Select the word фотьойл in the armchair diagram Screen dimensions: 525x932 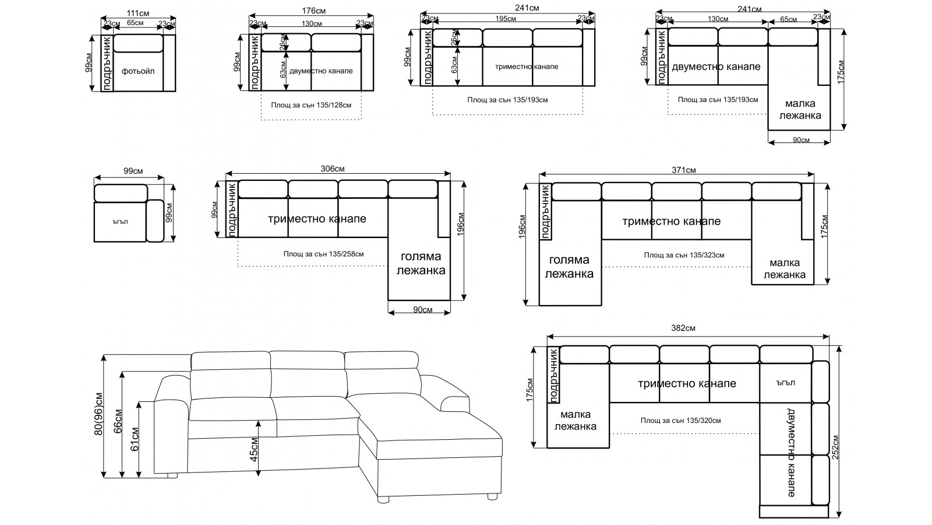138,71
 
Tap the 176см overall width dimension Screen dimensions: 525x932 313,10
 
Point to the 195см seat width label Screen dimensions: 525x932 505,19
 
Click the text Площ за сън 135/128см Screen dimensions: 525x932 311,106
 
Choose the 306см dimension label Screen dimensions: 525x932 332,169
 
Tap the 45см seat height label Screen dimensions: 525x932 254,450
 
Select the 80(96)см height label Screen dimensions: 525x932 99,414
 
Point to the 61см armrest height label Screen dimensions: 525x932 135,439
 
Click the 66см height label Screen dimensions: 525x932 118,422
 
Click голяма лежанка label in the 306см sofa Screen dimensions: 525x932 420,263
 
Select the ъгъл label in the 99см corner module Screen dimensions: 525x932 121,222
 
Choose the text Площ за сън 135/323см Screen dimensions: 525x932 684,256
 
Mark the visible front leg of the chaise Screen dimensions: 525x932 383,499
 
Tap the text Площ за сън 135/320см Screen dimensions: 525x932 680,420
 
